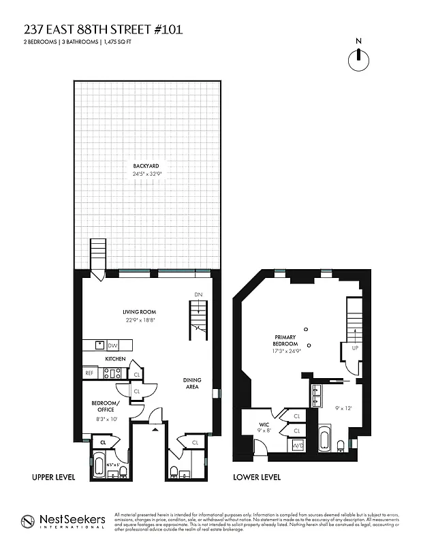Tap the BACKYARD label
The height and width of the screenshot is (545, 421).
(x=146, y=166)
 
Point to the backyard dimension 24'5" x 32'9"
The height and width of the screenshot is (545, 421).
(x=146, y=174)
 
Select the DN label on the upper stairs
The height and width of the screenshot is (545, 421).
(x=198, y=294)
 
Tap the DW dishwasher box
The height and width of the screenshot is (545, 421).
(x=113, y=345)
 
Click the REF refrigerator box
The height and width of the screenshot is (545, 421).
(x=89, y=373)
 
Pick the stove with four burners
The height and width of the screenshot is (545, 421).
(x=112, y=373)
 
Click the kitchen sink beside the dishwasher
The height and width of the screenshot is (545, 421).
(x=99, y=345)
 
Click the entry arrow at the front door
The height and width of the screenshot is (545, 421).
(x=155, y=429)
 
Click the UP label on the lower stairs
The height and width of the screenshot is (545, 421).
(x=355, y=347)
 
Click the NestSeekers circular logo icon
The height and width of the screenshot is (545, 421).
(x=28, y=522)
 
